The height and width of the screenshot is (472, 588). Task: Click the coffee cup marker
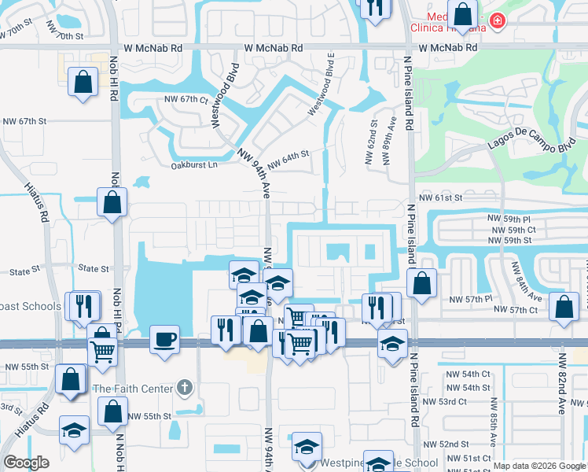click(x=164, y=340)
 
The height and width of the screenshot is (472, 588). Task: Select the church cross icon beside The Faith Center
click(x=184, y=387)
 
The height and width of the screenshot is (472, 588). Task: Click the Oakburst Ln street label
click(x=192, y=165)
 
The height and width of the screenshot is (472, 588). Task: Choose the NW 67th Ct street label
click(x=186, y=100)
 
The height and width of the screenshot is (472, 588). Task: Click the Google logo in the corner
click(x=27, y=462)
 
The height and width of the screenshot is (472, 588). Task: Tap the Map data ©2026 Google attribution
click(x=539, y=466)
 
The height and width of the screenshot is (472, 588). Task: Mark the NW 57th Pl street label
click(x=470, y=300)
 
